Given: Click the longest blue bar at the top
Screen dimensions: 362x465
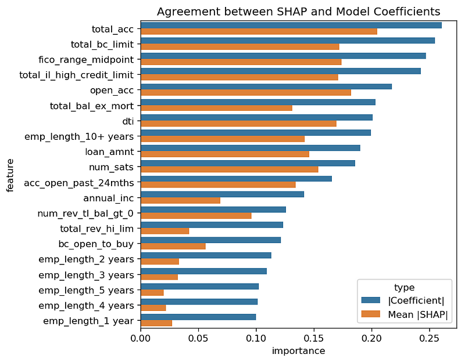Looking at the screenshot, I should pyautogui.click(x=291, y=25).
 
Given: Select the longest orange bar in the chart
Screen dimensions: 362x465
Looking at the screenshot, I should pyautogui.click(x=259, y=31).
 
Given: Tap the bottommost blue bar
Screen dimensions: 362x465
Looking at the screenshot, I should pyautogui.click(x=198, y=317).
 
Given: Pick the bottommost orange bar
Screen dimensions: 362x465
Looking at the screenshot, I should pyautogui.click(x=156, y=323).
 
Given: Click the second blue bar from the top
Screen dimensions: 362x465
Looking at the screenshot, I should pyautogui.click(x=288, y=40).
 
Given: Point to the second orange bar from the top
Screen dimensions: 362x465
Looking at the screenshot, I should pyautogui.click(x=239, y=46).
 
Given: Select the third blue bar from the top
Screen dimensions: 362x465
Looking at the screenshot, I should pyautogui.click(x=283, y=56).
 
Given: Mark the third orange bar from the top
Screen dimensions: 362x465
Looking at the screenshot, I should pyautogui.click(x=241, y=62).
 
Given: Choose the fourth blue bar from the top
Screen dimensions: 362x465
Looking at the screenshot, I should pyautogui.click(x=281, y=71).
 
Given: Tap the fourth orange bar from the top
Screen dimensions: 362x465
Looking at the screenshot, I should pyautogui.click(x=239, y=77).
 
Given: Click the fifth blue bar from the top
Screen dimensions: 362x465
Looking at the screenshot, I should pyautogui.click(x=266, y=86).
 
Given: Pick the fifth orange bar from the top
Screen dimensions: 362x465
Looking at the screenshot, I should pyautogui.click(x=246, y=92).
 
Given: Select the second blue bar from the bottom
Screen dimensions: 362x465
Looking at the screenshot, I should pyautogui.click(x=199, y=301).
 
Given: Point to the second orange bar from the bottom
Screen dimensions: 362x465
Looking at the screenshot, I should pyautogui.click(x=153, y=307).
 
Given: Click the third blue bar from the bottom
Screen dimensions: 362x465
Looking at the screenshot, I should pyautogui.click(x=199, y=286).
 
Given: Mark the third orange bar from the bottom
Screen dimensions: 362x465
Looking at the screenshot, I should pyautogui.click(x=152, y=292).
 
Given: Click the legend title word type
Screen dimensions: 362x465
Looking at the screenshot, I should pyautogui.click(x=404, y=288).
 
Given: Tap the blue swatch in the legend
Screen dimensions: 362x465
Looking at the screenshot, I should pyautogui.click(x=370, y=300).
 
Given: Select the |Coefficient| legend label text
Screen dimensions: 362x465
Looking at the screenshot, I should pyautogui.click(x=416, y=300).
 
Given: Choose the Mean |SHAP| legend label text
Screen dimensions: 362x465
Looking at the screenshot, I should pyautogui.click(x=417, y=314).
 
